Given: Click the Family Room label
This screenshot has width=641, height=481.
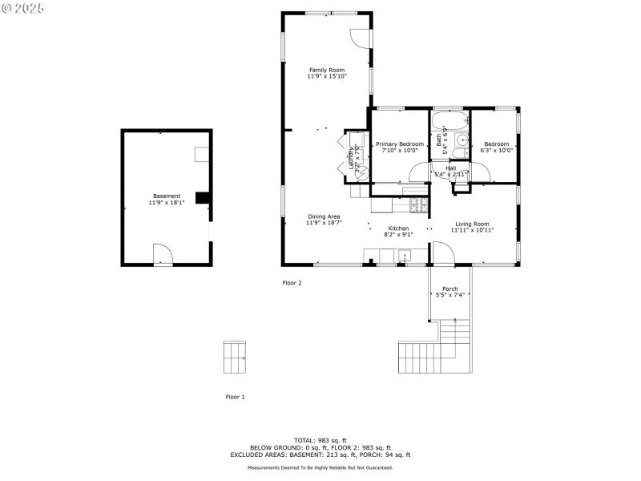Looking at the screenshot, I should (x=327, y=70).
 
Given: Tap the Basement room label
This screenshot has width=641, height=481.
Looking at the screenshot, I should (x=167, y=196).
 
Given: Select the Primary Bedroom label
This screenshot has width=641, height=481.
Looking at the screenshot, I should (x=400, y=143).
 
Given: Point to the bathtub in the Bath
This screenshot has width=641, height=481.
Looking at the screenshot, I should (x=443, y=123).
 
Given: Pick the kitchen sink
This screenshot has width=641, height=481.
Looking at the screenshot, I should (x=404, y=257).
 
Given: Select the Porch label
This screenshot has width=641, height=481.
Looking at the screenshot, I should (x=450, y=289).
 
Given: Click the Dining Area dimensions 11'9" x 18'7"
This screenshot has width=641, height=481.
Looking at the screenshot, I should (x=325, y=223).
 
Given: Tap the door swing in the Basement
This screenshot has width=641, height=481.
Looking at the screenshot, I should (x=163, y=254).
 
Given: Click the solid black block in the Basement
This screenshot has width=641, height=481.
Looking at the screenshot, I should (x=204, y=198).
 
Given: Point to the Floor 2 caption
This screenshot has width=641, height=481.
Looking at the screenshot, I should (x=292, y=282).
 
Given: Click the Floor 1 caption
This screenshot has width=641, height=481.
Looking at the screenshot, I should (x=235, y=397).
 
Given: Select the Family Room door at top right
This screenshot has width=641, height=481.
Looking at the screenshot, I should (x=360, y=38).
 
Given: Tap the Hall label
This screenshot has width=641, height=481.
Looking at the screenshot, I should (x=450, y=168).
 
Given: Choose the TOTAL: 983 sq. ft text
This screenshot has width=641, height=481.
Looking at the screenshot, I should (x=320, y=440).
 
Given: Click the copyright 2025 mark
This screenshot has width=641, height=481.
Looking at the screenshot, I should (x=23, y=7).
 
